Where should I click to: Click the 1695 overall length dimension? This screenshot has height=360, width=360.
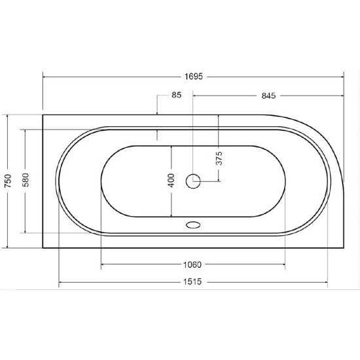point(194,77)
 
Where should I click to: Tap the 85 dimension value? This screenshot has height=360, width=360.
point(177,95)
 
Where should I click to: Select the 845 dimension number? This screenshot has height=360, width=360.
point(268,96)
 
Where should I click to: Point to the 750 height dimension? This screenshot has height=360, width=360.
point(8,181)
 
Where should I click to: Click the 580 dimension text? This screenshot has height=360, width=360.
point(26,180)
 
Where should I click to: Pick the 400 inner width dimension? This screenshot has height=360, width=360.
point(171,181)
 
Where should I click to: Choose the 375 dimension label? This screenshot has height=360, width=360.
point(219,158)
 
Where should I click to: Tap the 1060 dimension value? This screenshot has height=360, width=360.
point(192,264)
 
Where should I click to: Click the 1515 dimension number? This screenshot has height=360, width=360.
point(192,281)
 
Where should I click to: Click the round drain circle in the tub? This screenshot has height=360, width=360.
point(193,181)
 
